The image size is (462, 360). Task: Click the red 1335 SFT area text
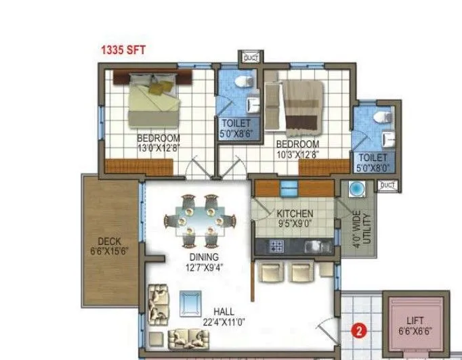tap(123, 49)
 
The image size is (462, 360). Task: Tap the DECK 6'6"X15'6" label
tap(108, 246)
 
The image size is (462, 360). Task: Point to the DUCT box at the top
tap(251, 58)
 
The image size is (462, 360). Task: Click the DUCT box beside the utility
tap(387, 185)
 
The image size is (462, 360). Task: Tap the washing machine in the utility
tap(356, 188)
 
